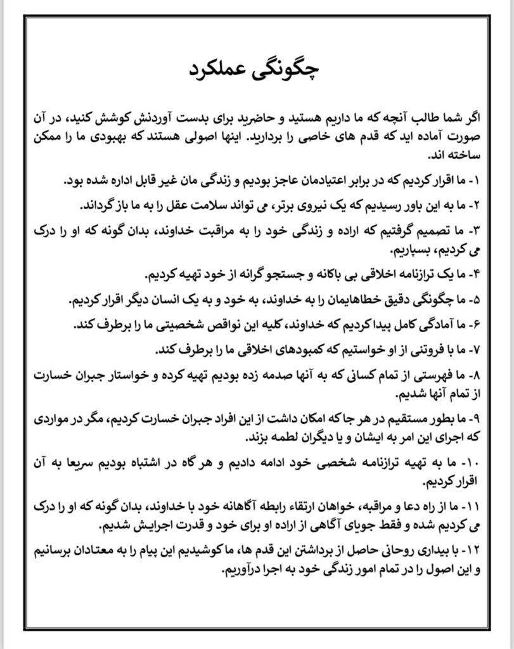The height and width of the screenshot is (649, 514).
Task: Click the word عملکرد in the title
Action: tap(225, 70)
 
